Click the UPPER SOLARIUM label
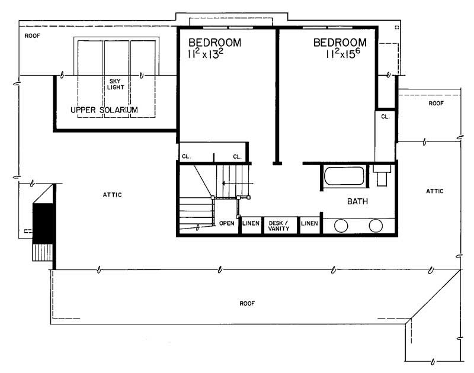point(104,110)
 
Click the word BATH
point(357,202)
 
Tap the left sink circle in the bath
point(341,226)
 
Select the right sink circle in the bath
point(376,226)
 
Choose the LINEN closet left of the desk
point(251,223)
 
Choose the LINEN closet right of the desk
point(309,223)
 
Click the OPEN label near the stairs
point(227,223)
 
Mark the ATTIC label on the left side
point(112,195)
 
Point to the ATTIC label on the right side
point(435,191)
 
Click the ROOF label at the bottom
point(247,303)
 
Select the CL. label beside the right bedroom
point(385,117)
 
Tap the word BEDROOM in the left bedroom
point(214,43)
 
